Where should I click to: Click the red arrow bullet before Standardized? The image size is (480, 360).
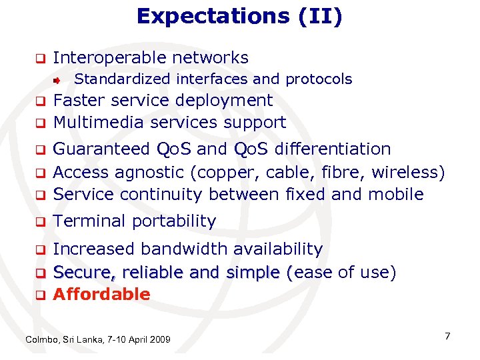click(58, 80)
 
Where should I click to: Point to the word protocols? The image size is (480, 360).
click(319, 79)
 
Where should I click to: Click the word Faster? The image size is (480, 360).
click(80, 100)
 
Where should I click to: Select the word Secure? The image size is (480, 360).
click(79, 272)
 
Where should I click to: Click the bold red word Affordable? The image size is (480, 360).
click(101, 294)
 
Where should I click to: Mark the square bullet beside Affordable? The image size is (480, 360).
click(40, 295)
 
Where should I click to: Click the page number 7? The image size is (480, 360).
click(447, 336)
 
